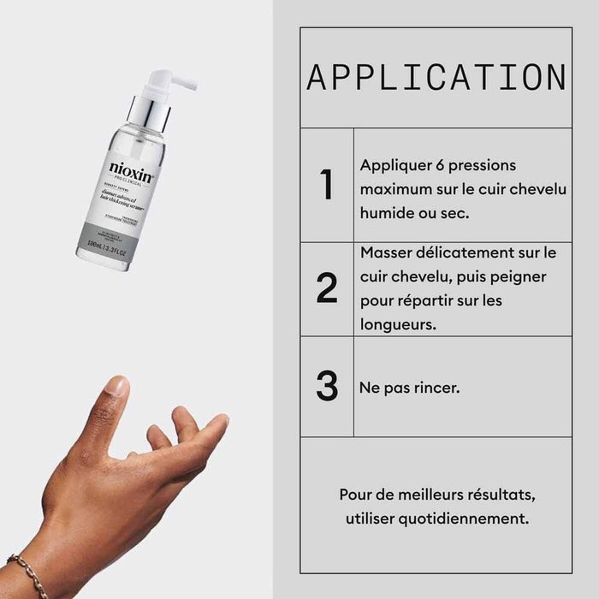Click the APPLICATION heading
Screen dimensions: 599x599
point(436,77)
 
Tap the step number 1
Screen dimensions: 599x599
point(326,186)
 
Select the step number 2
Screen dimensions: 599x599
point(327,288)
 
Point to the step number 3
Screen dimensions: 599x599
point(327,386)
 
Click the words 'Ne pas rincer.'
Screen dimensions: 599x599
point(410,388)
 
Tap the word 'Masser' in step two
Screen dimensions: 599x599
point(386,253)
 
